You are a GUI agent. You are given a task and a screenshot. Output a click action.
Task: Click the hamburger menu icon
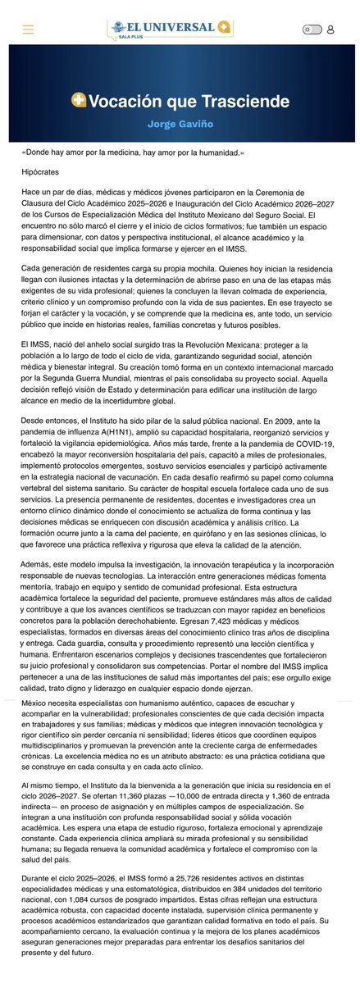(x=29, y=30)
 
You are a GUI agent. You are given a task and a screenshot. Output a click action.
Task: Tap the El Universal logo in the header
(x=174, y=28)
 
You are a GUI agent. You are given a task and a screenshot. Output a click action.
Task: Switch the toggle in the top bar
(x=312, y=30)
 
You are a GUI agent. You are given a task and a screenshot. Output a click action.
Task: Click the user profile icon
(x=330, y=30)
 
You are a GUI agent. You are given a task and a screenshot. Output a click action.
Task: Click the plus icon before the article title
(x=79, y=101)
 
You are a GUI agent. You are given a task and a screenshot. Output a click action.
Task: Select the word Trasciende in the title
(x=246, y=102)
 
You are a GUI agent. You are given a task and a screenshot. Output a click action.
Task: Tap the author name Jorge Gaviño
(x=180, y=124)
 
